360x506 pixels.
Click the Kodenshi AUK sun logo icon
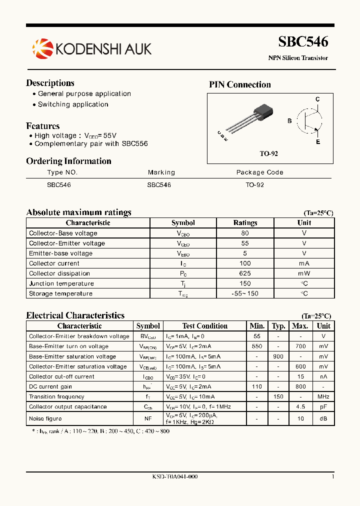[x=42, y=48]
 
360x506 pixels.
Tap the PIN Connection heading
[x=239, y=84]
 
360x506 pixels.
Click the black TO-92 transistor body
[x=263, y=111]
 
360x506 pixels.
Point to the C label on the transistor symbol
[x=317, y=99]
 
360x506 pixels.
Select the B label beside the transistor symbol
[x=289, y=121]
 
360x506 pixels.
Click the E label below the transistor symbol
[x=317, y=142]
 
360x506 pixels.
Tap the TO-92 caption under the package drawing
[x=268, y=153]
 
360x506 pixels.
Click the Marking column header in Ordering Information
[x=161, y=172]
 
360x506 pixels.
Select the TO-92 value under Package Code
[x=254, y=185]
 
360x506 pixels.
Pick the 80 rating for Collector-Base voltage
[x=245, y=233]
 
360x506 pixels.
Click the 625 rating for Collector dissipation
[x=245, y=273]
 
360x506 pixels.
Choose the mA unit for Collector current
[x=304, y=263]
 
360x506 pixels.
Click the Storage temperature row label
[x=60, y=294]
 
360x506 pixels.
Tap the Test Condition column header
[x=204, y=326]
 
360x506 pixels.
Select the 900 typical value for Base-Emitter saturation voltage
[x=278, y=356]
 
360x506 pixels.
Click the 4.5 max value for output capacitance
[x=300, y=406]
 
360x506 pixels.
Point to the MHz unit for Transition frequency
[x=323, y=396]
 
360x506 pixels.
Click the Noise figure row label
[x=45, y=418]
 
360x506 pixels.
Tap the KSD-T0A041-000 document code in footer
[x=174, y=477]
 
